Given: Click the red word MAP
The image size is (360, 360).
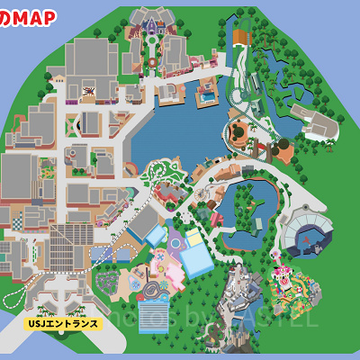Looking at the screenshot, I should [33, 16].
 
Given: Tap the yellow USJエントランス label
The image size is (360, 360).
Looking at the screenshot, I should [61, 320].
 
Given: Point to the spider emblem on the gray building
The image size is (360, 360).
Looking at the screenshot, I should [88, 90].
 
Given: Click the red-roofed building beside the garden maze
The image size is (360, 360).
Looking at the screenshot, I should [166, 193].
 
